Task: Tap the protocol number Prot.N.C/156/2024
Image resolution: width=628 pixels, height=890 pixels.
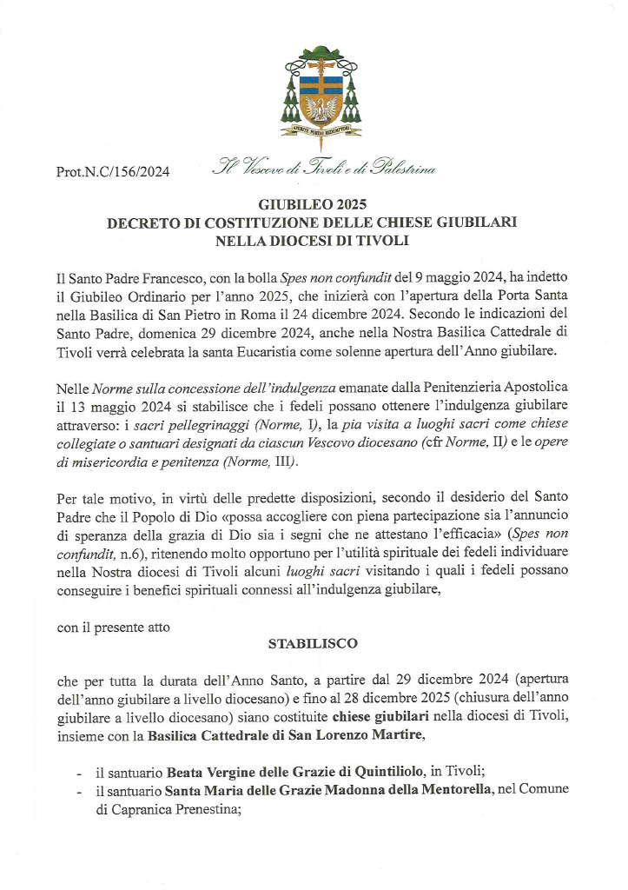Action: [113, 172]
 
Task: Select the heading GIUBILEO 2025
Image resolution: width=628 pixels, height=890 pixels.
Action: [313, 205]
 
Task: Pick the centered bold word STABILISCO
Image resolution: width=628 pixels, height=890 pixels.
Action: [313, 646]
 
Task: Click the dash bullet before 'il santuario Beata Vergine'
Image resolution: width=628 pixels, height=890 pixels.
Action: [80, 772]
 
